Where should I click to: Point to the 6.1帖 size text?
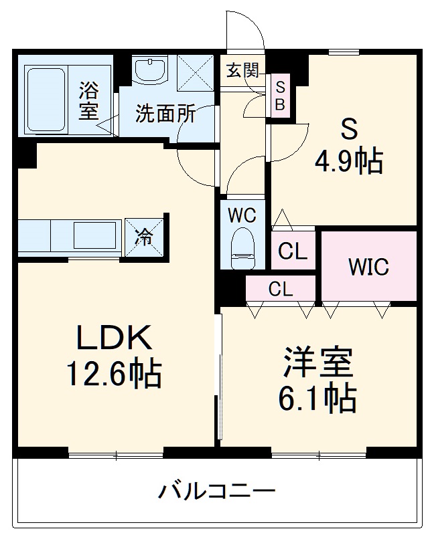[x=317, y=399]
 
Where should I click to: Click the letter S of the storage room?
[x=348, y=128]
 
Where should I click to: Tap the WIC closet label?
[x=368, y=267]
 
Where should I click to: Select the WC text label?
[x=241, y=215]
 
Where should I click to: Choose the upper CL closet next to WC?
[x=293, y=251]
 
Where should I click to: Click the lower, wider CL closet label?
[x=281, y=290]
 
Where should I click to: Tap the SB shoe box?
[x=281, y=96]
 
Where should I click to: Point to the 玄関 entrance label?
[x=242, y=70]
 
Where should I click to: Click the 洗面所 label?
[x=165, y=114]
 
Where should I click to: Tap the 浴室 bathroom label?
[x=88, y=100]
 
